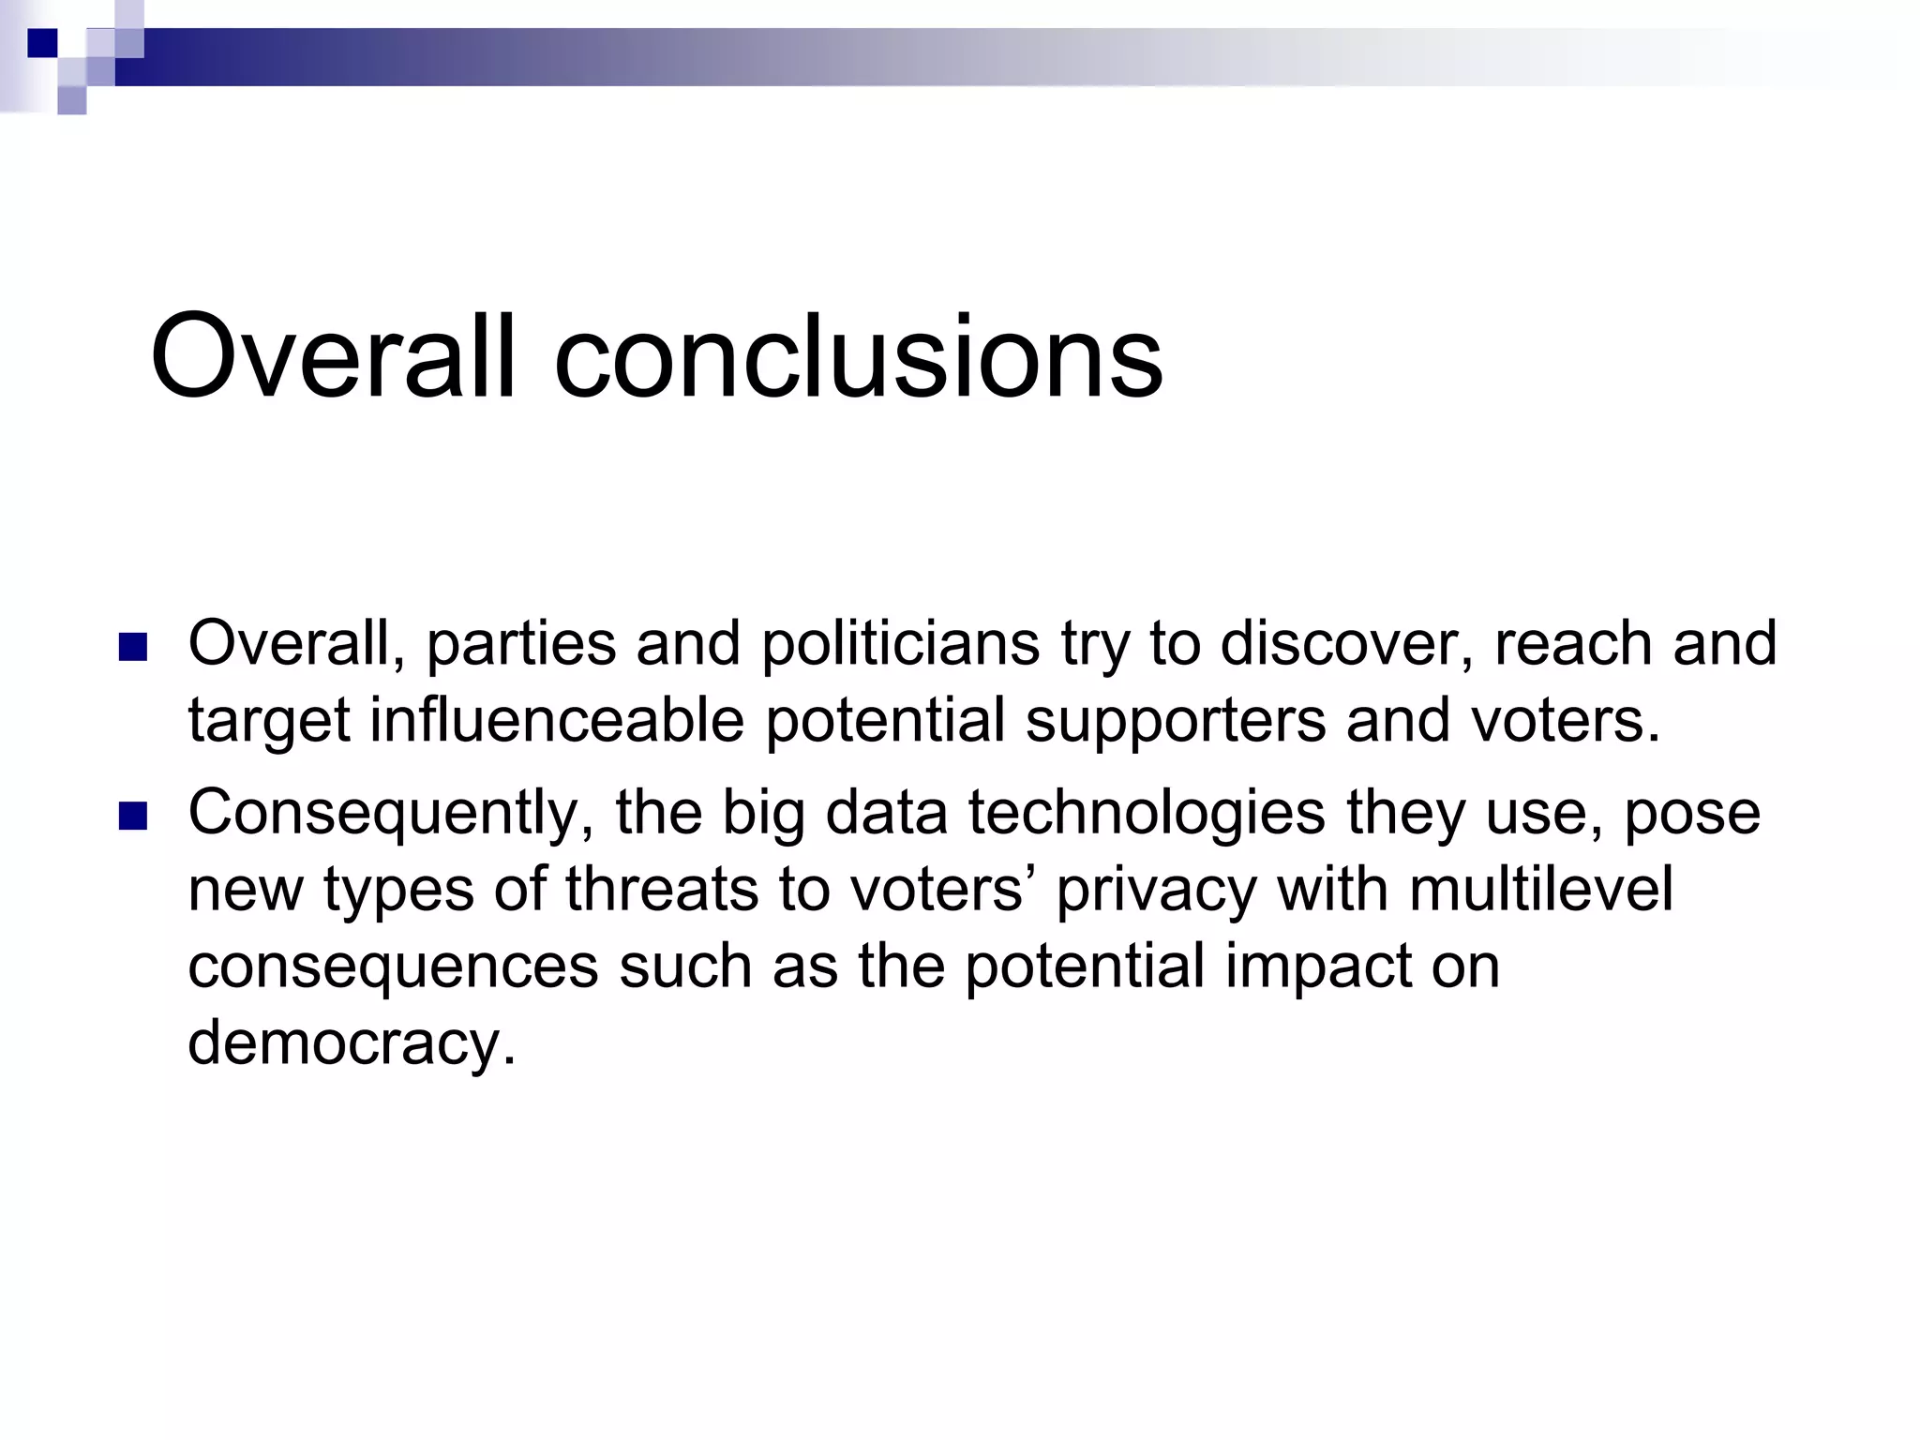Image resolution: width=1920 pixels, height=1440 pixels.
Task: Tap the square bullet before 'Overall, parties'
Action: (x=134, y=647)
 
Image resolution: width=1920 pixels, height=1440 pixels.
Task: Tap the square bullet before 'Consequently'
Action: (x=134, y=817)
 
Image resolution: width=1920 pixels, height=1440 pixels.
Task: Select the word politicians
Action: (x=900, y=644)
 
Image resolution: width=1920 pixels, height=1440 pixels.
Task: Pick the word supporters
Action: (x=1175, y=722)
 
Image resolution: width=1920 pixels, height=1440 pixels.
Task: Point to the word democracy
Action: (x=352, y=1042)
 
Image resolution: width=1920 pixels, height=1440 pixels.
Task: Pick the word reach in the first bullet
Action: (x=1572, y=644)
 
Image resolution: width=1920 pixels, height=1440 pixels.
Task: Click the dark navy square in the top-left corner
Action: (x=42, y=43)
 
